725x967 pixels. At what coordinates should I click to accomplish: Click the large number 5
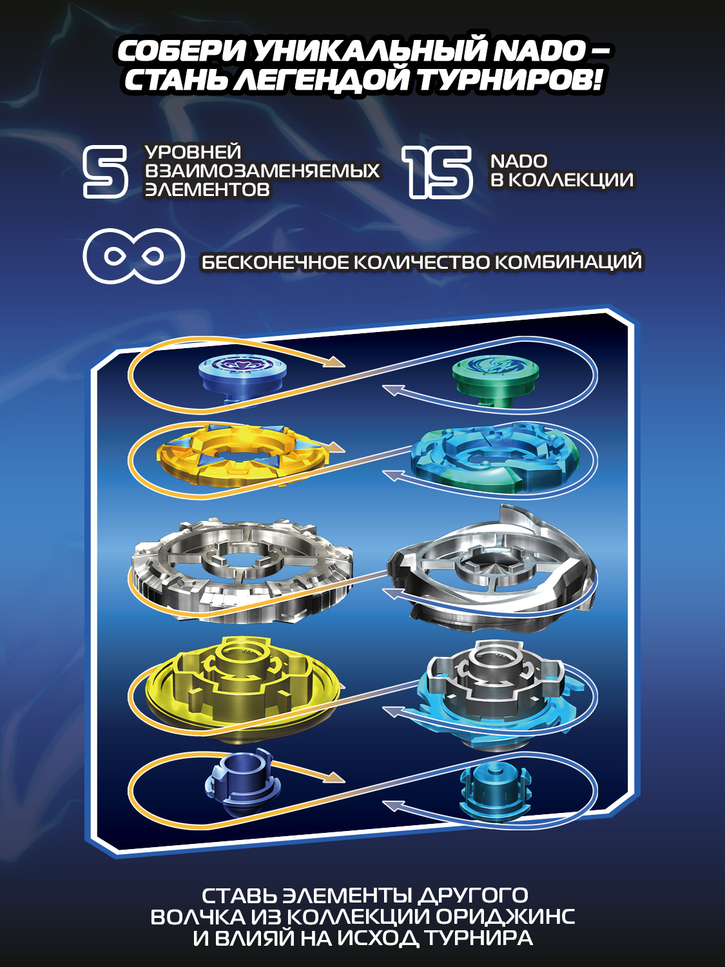tap(106, 171)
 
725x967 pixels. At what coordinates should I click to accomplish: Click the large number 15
tap(438, 171)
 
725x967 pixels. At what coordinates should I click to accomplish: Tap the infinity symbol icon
tap(133, 257)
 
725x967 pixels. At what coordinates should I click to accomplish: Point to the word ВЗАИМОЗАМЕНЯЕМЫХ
tap(262, 171)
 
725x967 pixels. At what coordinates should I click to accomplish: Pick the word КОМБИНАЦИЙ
tap(568, 262)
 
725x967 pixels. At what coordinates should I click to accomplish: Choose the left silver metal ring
tap(242, 565)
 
